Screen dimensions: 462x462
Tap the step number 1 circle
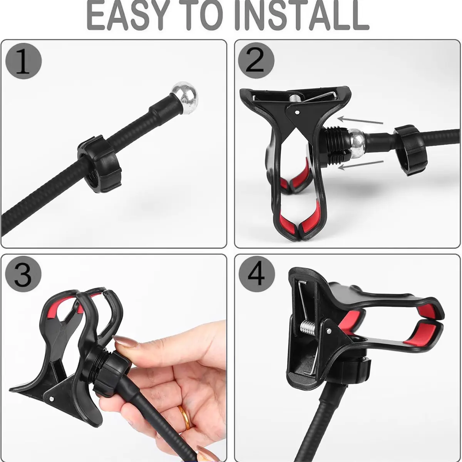coord(23,61)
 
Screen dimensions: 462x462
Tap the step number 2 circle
coord(256,61)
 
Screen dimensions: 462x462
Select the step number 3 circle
coord(23,274)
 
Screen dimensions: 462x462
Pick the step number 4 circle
coord(257,274)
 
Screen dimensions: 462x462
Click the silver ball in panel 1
coord(185,97)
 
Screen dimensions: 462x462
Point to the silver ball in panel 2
coord(357,143)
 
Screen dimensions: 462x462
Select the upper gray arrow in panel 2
coord(360,120)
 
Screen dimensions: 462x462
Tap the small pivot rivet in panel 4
coord(329,331)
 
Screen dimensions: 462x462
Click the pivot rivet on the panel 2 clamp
coord(297,112)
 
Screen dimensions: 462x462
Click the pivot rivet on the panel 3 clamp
coord(51,399)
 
